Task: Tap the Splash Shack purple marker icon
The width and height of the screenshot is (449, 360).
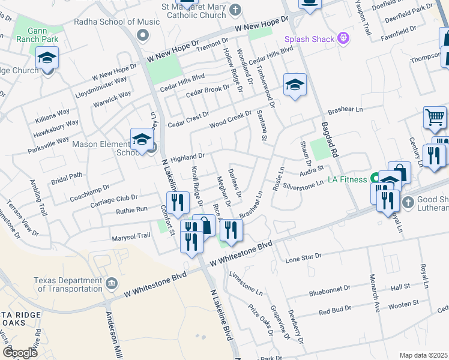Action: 343,40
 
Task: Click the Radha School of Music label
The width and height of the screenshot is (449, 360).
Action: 116,22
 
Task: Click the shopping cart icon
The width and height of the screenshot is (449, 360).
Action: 435,117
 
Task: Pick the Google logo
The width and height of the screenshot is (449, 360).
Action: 20,352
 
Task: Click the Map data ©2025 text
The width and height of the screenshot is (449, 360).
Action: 423,355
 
